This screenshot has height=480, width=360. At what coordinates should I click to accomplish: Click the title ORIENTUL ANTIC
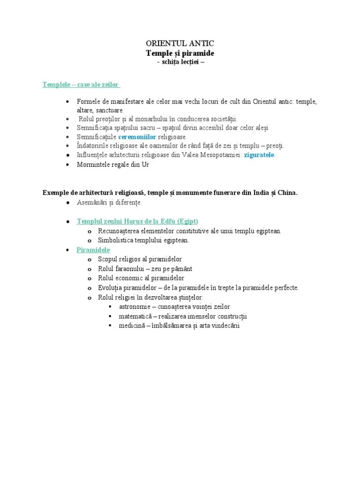pyautogui.click(x=180, y=44)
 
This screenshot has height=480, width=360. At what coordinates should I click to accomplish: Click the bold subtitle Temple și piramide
pyautogui.click(x=180, y=53)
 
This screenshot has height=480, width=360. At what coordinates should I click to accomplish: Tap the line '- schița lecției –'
pyautogui.click(x=180, y=62)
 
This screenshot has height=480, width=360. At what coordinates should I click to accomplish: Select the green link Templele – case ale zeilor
pyautogui.click(x=81, y=85)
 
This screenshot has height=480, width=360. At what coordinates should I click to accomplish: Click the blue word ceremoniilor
pyautogui.click(x=137, y=137)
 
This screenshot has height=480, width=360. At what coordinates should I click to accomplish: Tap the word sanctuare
pyautogui.click(x=109, y=110)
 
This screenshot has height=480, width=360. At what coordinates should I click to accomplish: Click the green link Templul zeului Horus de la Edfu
pyautogui.click(x=137, y=221)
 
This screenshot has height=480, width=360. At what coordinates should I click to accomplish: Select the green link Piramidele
pyautogui.click(x=93, y=250)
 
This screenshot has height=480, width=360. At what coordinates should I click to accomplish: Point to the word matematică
pyautogui.click(x=135, y=316)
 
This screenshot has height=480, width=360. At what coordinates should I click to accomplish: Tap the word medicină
pyautogui.click(x=132, y=326)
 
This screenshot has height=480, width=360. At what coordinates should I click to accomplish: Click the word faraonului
pyautogui.click(x=127, y=269)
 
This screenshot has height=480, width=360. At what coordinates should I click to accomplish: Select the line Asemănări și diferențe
pyautogui.click(x=109, y=202)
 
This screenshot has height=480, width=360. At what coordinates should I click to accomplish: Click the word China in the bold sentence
pyautogui.click(x=286, y=193)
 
